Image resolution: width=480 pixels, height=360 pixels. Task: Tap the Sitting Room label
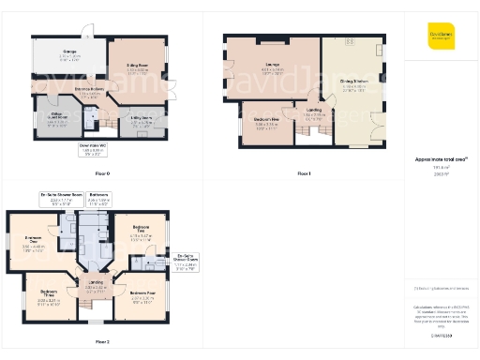(x=138, y=65)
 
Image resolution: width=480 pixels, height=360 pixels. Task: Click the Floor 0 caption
(x=102, y=173)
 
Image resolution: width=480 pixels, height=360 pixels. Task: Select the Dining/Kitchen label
(x=353, y=87)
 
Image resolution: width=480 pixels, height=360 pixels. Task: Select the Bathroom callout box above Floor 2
(x=98, y=198)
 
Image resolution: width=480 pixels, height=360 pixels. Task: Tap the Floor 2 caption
(x=102, y=342)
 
